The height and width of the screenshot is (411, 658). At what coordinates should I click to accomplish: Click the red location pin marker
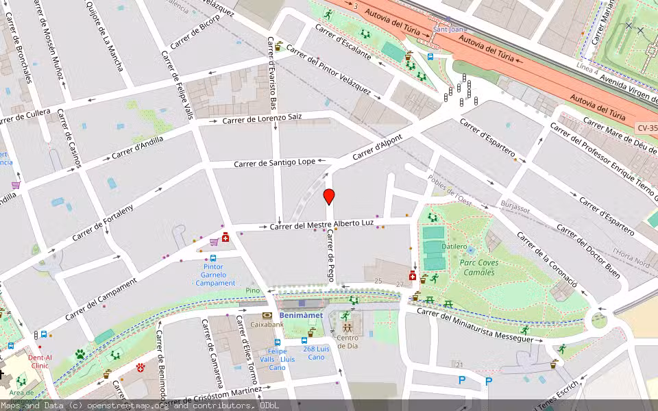329,197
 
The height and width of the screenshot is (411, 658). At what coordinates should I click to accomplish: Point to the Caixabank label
267,325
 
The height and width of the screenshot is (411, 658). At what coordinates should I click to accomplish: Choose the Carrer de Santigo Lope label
274,163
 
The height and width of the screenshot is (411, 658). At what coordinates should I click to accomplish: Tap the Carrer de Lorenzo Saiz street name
262,119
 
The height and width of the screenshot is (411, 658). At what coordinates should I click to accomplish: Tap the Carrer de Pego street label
330,256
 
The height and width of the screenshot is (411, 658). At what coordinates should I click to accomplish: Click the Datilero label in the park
454,247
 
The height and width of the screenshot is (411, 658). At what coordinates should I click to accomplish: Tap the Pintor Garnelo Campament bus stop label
215,275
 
